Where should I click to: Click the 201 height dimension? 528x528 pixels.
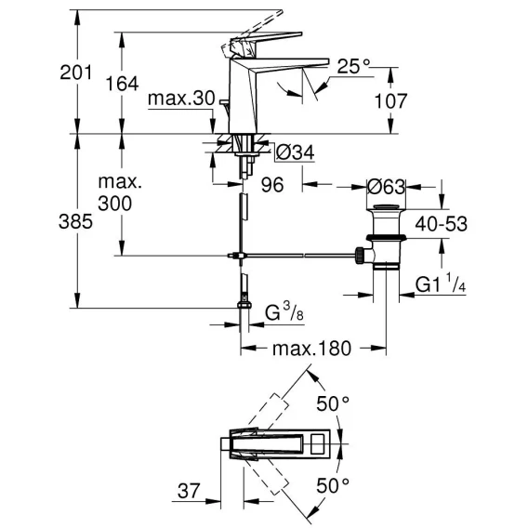76,73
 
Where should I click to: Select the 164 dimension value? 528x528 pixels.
122,84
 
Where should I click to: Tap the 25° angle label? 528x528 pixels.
353,66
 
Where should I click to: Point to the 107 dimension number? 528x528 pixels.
390,100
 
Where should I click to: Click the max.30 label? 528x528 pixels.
181,99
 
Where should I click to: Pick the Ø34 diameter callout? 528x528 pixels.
295,152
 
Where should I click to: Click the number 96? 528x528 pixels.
272,185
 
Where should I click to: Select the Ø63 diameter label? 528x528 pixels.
386,187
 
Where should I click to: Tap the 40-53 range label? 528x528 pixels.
442,224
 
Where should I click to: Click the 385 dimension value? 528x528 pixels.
75,221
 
